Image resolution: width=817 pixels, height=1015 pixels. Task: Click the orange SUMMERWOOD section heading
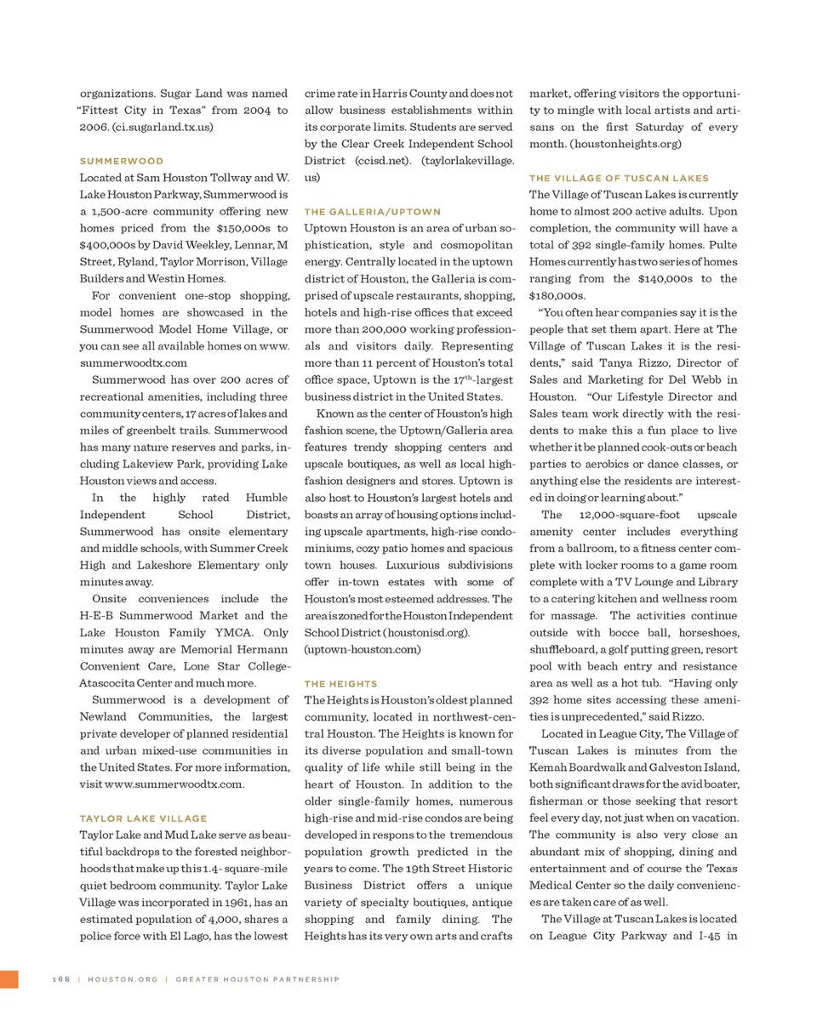[x=121, y=161]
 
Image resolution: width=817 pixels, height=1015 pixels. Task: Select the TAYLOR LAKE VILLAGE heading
[x=142, y=818]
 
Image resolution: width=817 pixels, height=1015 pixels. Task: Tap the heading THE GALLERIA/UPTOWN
[x=372, y=211]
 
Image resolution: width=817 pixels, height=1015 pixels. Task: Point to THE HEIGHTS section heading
[x=340, y=683]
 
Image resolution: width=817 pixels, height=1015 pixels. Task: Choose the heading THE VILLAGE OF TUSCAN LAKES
[x=619, y=178]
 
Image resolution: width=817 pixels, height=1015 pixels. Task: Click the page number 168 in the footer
[x=60, y=979]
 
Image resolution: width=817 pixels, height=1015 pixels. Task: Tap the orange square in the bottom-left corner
[x=9, y=978]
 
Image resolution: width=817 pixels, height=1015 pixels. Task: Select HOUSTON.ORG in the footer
[x=123, y=979]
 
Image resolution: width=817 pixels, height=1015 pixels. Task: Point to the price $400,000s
[x=107, y=245]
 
